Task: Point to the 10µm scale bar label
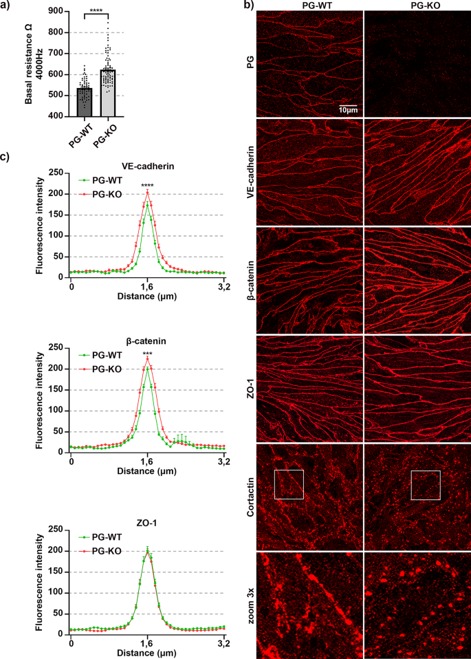pyautogui.click(x=347, y=110)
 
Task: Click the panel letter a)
pyautogui.click(x=6, y=6)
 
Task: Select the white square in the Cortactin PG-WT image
pyautogui.click(x=289, y=484)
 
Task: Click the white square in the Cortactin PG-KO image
pyautogui.click(x=425, y=485)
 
